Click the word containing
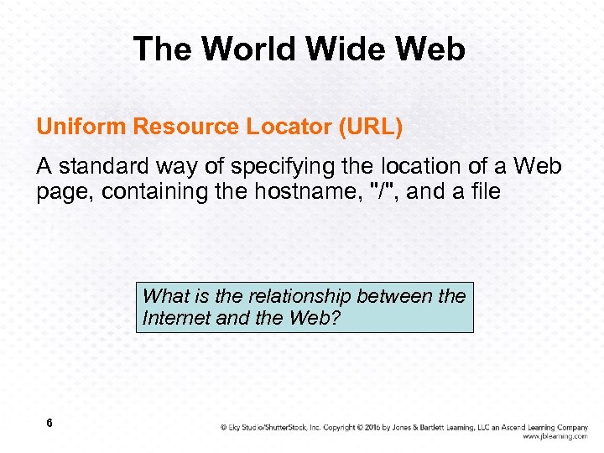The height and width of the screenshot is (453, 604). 148,192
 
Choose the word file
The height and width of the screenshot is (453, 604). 483,192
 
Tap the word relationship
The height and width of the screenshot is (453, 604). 306,296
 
